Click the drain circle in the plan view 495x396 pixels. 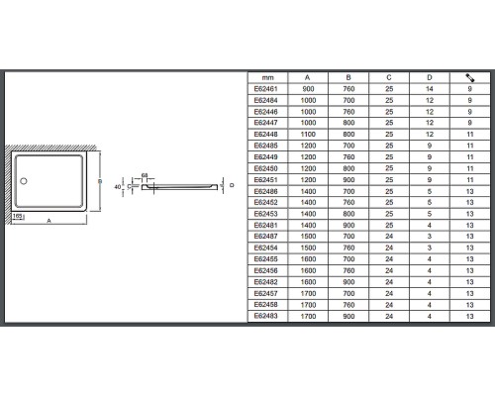point(24,181)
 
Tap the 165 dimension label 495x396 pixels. point(17,216)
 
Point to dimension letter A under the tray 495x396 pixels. point(49,221)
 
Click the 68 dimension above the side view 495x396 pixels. point(145,175)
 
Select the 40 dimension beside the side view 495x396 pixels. point(118,187)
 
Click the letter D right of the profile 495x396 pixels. point(232,185)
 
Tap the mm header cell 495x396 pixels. point(267,78)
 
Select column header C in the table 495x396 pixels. point(389,77)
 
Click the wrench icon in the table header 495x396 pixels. point(470,77)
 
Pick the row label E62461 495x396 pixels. point(265,89)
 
